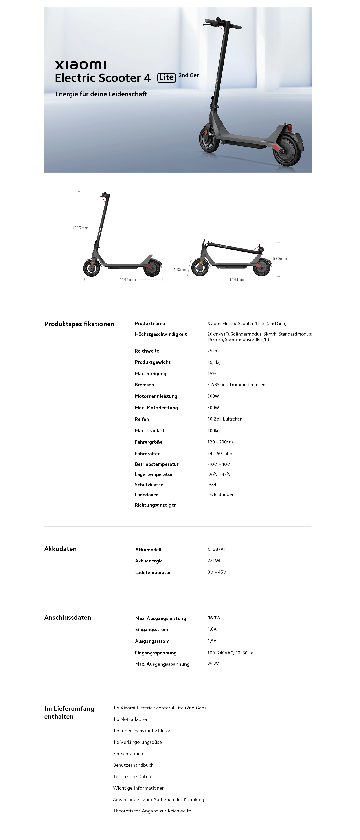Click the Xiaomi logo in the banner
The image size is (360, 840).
click(81, 65)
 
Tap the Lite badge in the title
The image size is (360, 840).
click(166, 78)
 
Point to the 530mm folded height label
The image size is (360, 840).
click(280, 259)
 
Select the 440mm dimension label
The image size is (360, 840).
click(180, 270)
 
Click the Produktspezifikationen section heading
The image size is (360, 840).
click(79, 324)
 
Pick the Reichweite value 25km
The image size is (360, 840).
click(213, 351)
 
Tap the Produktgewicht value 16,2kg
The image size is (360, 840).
click(214, 362)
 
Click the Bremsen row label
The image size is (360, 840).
click(144, 385)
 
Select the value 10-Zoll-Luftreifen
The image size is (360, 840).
click(225, 419)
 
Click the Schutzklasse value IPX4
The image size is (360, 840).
click(212, 485)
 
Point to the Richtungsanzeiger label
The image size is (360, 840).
click(155, 505)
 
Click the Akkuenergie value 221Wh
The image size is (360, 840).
click(215, 561)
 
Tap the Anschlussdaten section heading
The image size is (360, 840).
click(68, 617)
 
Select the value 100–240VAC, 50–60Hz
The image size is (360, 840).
click(230, 653)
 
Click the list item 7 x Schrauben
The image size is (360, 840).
click(128, 753)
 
